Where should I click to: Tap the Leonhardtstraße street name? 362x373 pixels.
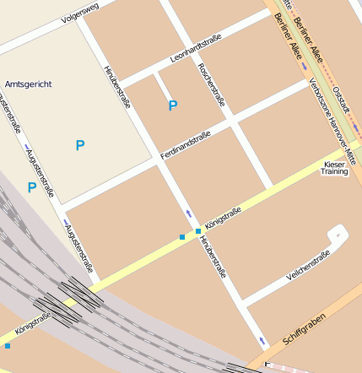[196, 49]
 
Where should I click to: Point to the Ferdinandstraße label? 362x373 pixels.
[185, 146]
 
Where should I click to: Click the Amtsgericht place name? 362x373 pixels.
[28, 84]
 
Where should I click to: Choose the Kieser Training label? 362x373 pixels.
[334, 167]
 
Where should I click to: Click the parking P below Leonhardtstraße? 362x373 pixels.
[173, 105]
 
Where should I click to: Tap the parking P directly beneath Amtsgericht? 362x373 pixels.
[79, 145]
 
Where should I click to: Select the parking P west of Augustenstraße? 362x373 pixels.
[31, 187]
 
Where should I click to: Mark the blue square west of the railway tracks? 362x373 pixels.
[8, 345]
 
